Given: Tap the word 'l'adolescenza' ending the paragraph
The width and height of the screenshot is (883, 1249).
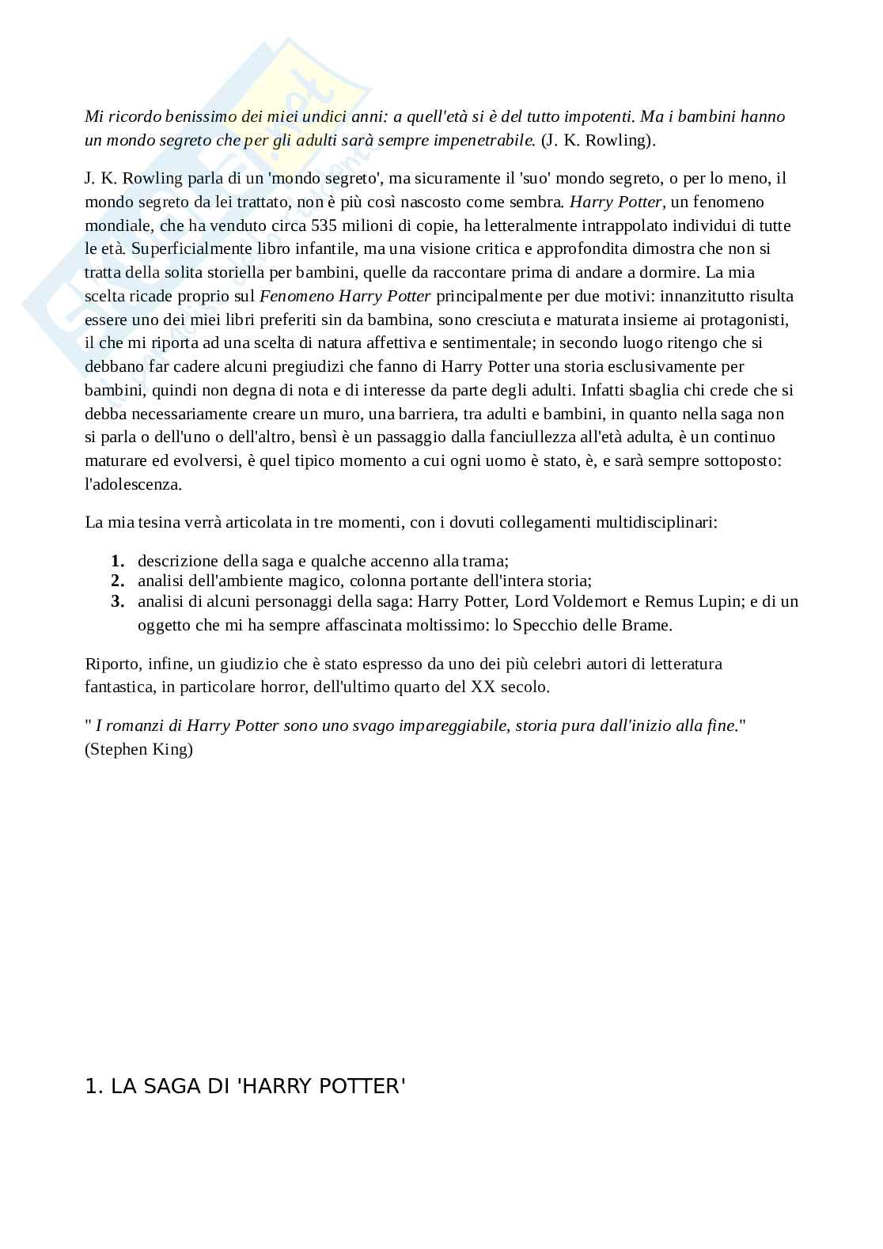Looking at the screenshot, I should pos(133,484).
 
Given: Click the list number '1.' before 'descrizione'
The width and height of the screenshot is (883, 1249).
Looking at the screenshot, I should pos(118,561).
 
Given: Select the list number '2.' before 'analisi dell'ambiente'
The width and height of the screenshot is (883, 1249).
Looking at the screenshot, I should pos(118,581).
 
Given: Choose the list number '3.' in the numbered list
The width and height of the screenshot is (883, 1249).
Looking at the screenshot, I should pos(118,601).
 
